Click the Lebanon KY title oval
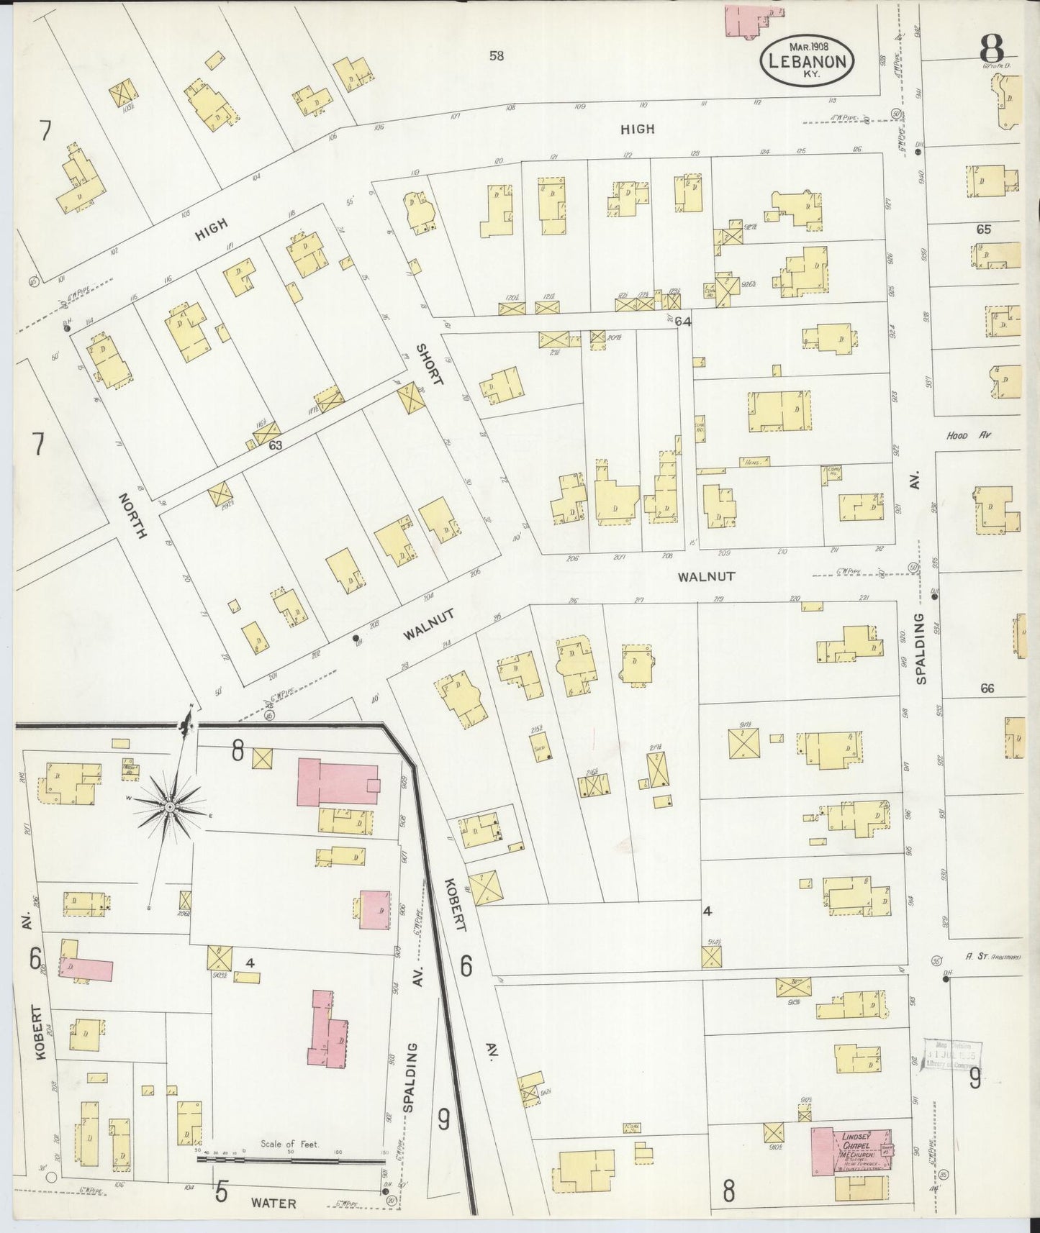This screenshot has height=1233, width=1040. pyautogui.click(x=807, y=62)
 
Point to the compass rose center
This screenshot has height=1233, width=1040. pyautogui.click(x=168, y=808)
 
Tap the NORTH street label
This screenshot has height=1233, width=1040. pyautogui.click(x=134, y=515)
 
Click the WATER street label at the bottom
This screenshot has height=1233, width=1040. pyautogui.click(x=273, y=1203)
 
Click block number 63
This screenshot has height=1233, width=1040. pyautogui.click(x=275, y=445)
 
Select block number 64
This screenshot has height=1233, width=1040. pyautogui.click(x=683, y=322)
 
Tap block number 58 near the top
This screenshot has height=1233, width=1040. pyautogui.click(x=496, y=55)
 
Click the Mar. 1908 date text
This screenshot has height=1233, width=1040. pyautogui.click(x=808, y=45)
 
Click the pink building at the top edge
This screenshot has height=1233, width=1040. pyautogui.click(x=751, y=19)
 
